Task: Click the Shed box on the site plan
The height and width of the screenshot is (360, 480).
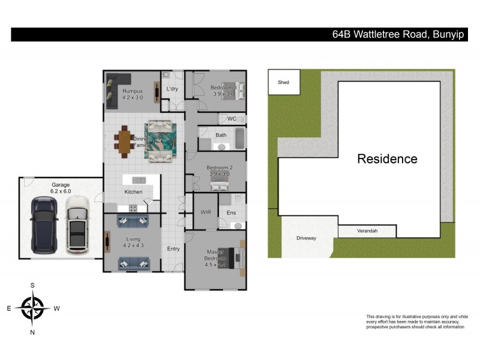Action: pyautogui.click(x=284, y=82)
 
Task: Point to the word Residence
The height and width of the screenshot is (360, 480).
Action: pyautogui.click(x=387, y=159)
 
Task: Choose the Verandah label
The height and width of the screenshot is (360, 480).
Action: pyautogui.click(x=367, y=230)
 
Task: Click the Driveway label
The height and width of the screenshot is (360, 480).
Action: pyautogui.click(x=306, y=238)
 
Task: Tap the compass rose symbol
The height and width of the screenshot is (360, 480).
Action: pyautogui.click(x=32, y=308)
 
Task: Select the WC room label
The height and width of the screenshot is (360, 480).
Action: pyautogui.click(x=232, y=119)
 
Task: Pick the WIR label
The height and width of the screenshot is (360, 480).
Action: pyautogui.click(x=205, y=212)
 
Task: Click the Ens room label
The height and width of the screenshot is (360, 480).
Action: pyautogui.click(x=231, y=212)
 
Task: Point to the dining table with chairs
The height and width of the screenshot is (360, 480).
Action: pyautogui.click(x=125, y=142)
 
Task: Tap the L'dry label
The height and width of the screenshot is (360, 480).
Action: pyautogui.click(x=172, y=89)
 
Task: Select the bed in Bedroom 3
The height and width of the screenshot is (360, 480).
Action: pyautogui.click(x=229, y=91)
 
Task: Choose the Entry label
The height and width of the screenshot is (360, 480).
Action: pyautogui.click(x=173, y=249)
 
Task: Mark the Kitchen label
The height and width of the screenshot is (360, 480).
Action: pyautogui.click(x=133, y=191)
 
